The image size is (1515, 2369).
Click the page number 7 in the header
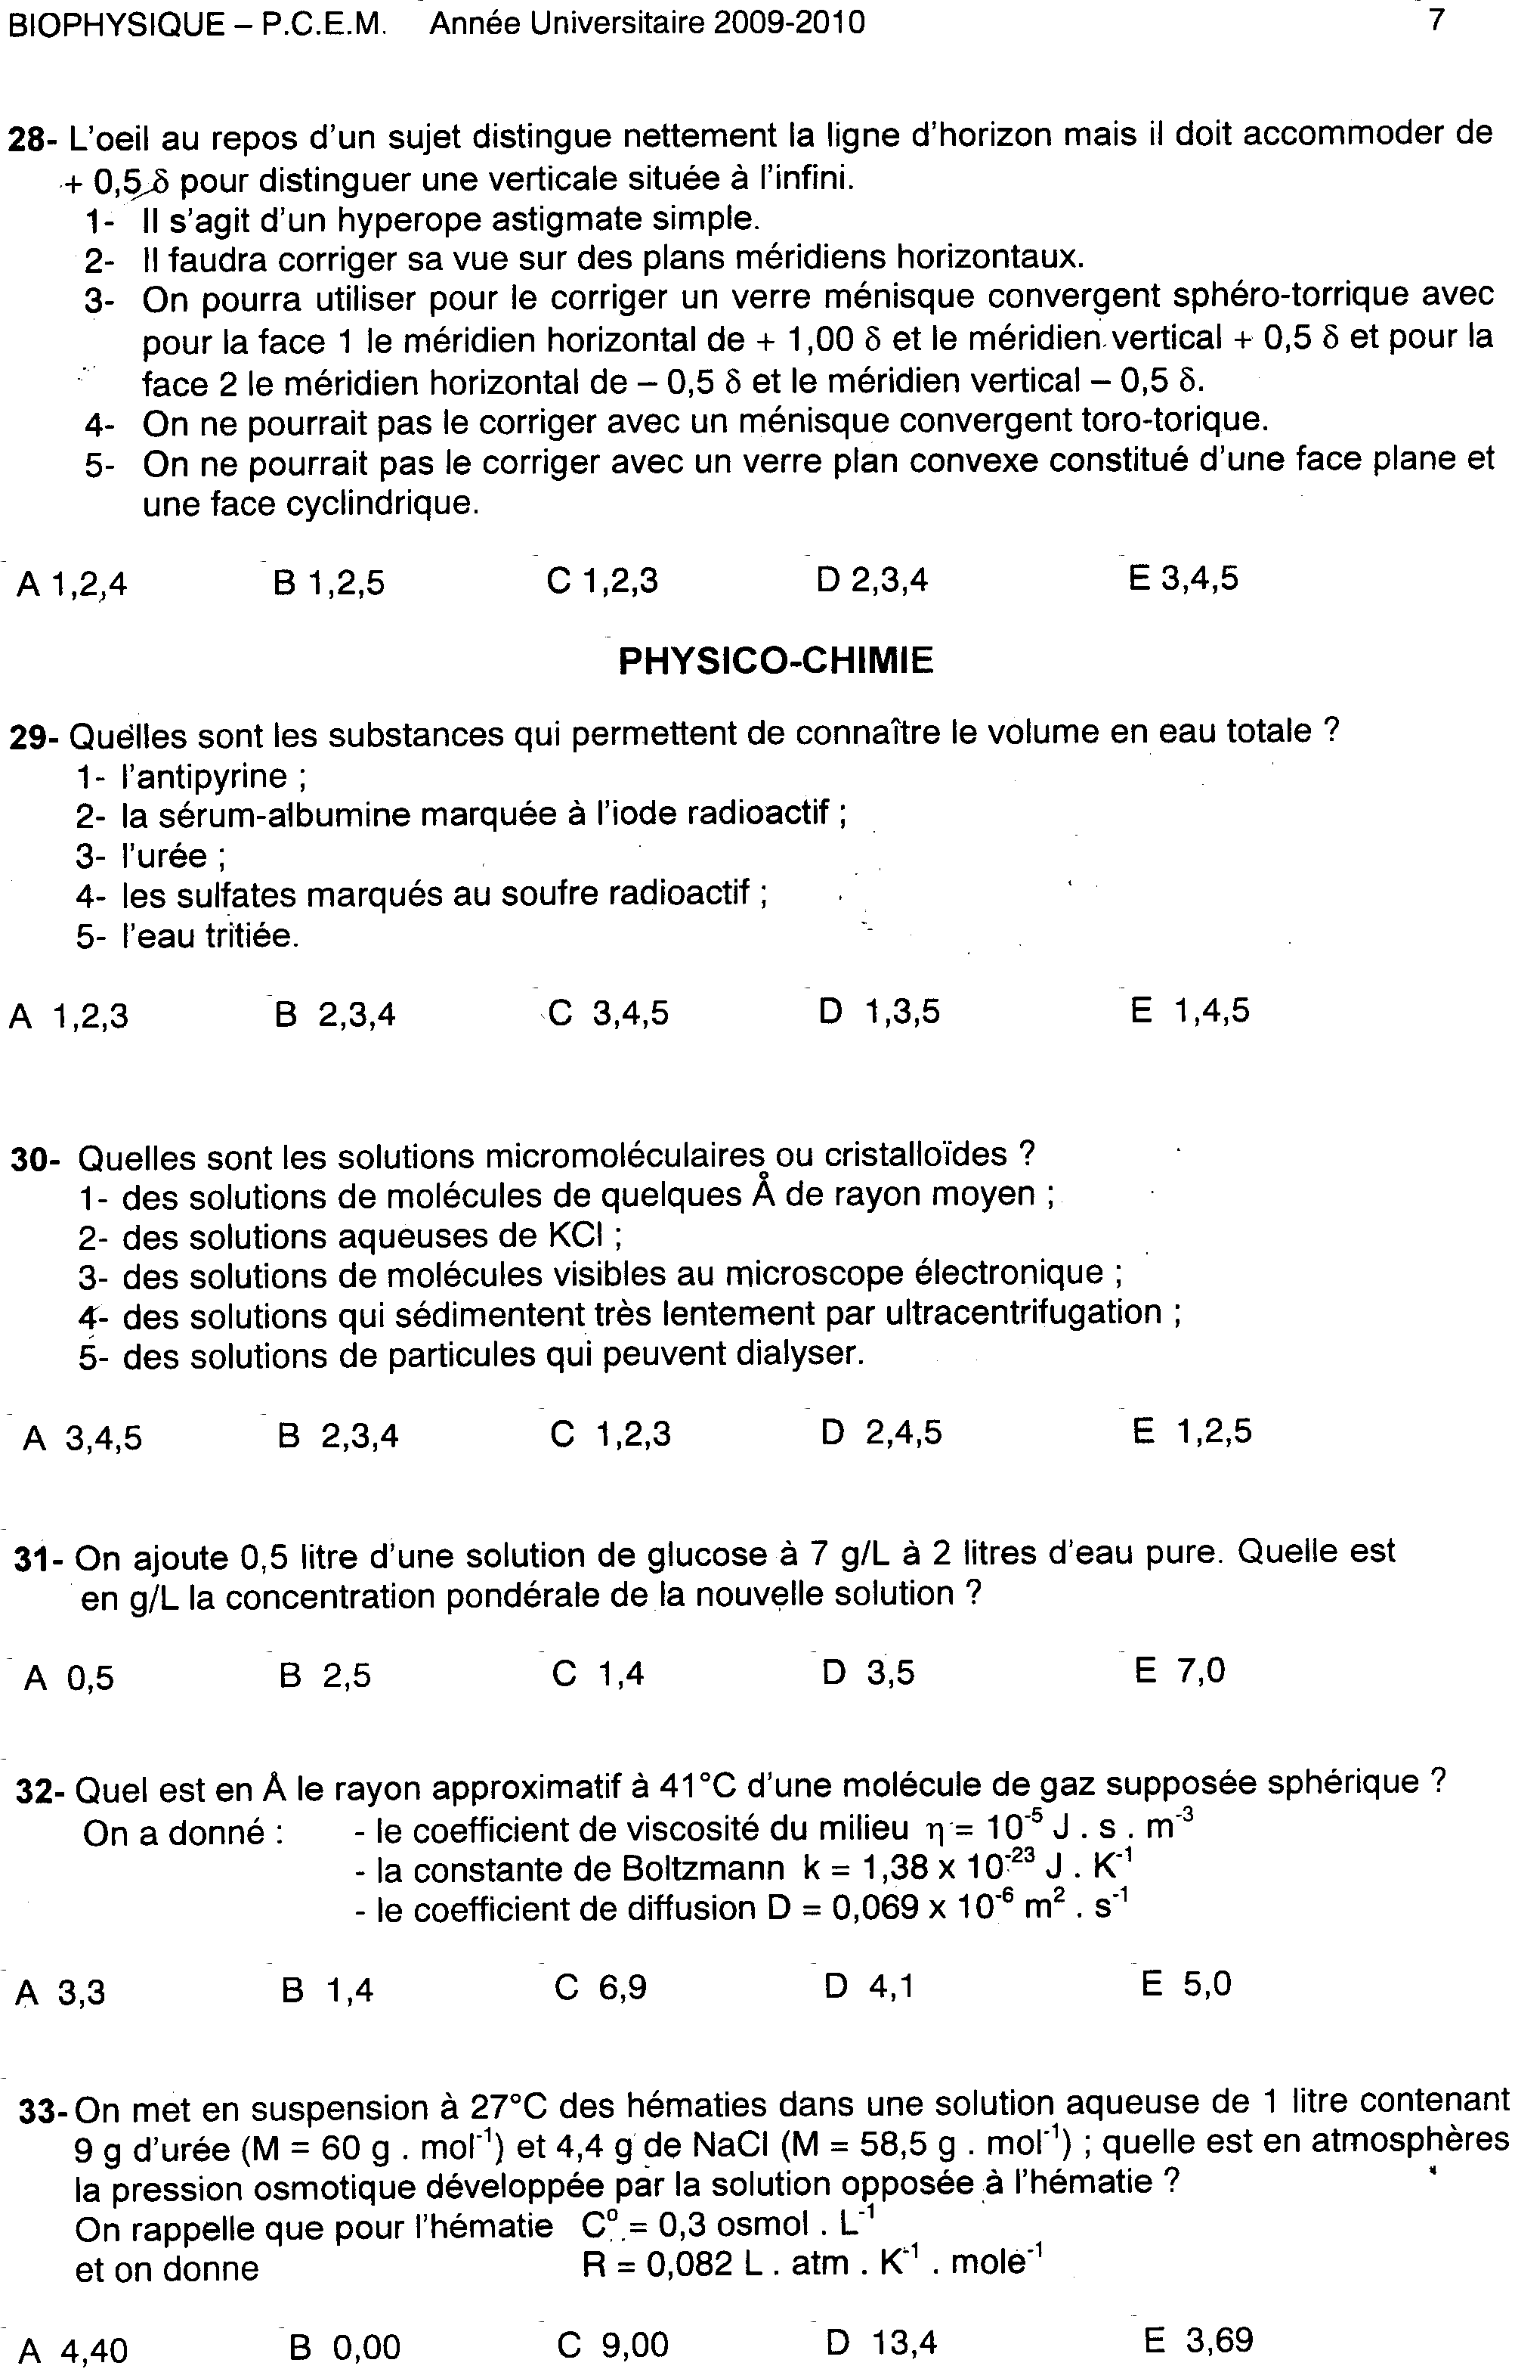tap(1436, 19)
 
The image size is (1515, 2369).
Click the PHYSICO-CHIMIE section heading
tap(775, 660)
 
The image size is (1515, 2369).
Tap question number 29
tap(35, 737)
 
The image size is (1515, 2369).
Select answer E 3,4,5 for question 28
tap(1183, 578)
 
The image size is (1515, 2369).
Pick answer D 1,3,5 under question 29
tap(879, 1011)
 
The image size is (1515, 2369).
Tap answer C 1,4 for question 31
tap(597, 1673)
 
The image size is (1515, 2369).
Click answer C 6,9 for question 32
tap(600, 1987)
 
